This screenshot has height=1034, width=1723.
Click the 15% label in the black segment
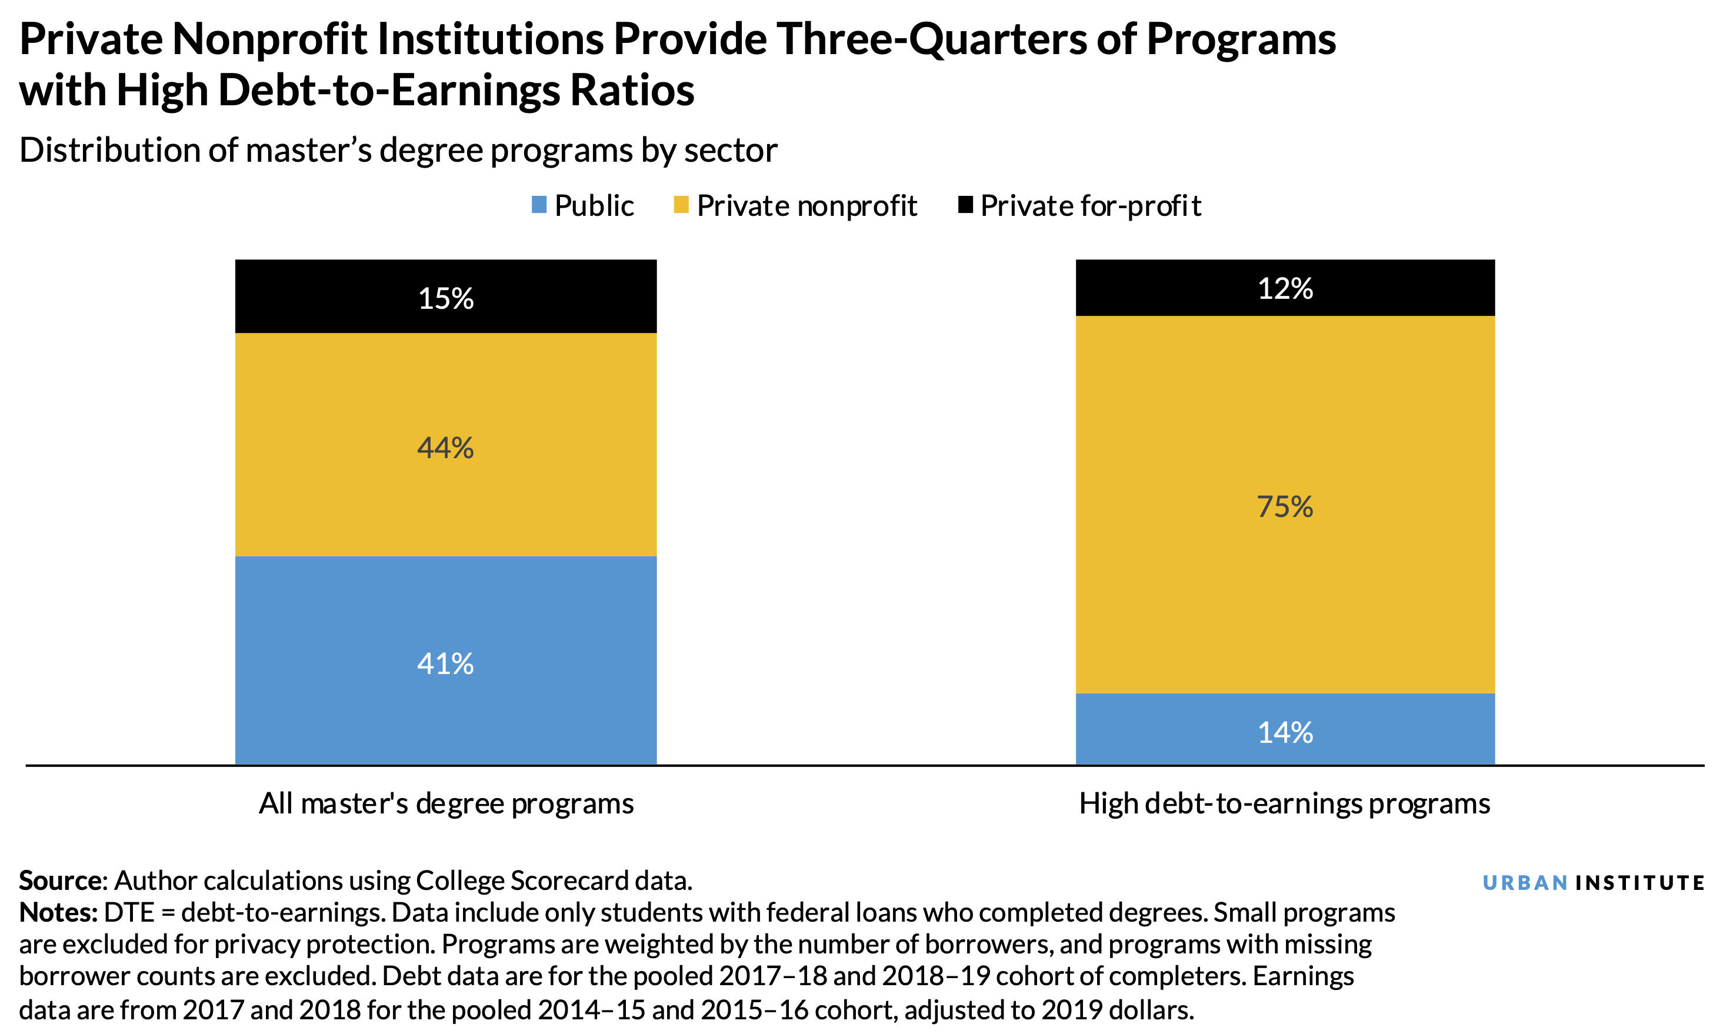coord(445,299)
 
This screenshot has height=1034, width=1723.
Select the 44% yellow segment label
coord(445,448)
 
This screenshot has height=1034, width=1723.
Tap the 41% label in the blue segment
coord(445,664)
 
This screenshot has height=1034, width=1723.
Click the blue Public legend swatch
coord(539,205)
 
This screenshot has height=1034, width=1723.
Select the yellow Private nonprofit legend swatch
coord(681,205)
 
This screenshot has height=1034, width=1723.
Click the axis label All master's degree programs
coord(446,804)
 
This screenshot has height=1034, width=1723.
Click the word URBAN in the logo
coord(1524,883)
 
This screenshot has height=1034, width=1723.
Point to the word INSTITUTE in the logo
coord(1639,883)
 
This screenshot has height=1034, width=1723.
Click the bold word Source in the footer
coord(61,880)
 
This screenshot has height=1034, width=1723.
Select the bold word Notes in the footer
coord(57,912)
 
